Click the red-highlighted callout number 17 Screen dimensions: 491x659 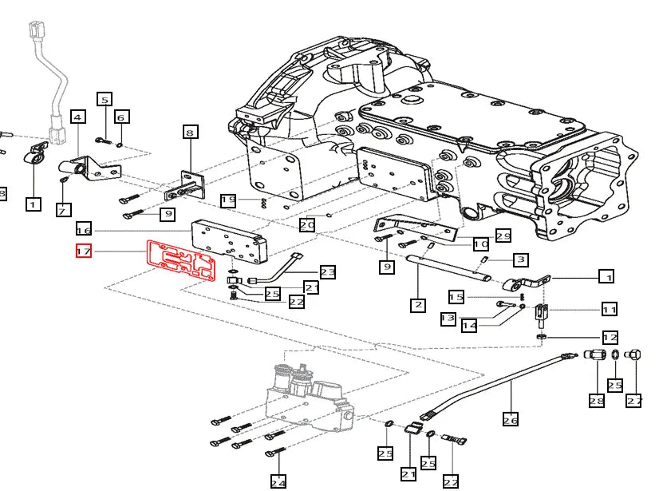[x=84, y=251]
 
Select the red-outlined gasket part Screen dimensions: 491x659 [x=180, y=259]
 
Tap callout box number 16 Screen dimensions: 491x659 [x=84, y=228]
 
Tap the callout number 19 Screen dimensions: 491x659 [x=229, y=200]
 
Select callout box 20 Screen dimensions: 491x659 [x=308, y=225]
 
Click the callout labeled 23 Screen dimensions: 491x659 [x=328, y=272]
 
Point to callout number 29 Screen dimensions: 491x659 [x=503, y=236]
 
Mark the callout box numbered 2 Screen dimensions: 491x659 [x=420, y=304]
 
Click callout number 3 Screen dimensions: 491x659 [x=520, y=259]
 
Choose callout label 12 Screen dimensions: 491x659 [x=610, y=337]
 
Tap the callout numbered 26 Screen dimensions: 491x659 [x=511, y=418]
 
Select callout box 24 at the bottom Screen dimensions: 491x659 [x=278, y=481]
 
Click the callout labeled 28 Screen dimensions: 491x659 [x=597, y=401]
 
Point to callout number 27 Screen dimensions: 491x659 [x=634, y=401]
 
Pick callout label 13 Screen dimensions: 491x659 [x=448, y=319]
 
